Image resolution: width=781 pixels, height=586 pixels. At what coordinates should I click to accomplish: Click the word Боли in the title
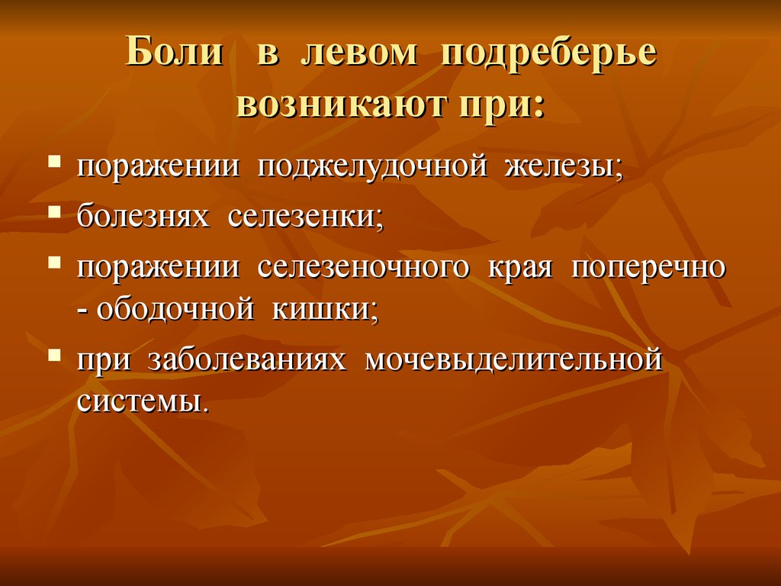coord(175,51)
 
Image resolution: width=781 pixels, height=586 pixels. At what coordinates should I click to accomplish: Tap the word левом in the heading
coord(359,52)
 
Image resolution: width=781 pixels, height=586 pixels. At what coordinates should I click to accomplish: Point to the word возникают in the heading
coord(341,104)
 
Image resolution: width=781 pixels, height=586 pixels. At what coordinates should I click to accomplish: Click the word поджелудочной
coord(372,167)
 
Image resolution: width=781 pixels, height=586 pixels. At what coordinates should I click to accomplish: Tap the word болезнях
coord(143,217)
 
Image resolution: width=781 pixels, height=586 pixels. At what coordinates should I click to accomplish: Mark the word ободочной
coord(175,310)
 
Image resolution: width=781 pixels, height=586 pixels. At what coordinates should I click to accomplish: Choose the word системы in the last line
coord(141,401)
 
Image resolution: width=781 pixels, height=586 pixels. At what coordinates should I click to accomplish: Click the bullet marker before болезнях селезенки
coord(55,212)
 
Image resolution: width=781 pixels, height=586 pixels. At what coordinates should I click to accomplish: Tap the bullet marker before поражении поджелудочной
coord(55,161)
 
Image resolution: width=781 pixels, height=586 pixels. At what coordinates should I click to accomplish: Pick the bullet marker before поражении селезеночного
coord(55,262)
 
